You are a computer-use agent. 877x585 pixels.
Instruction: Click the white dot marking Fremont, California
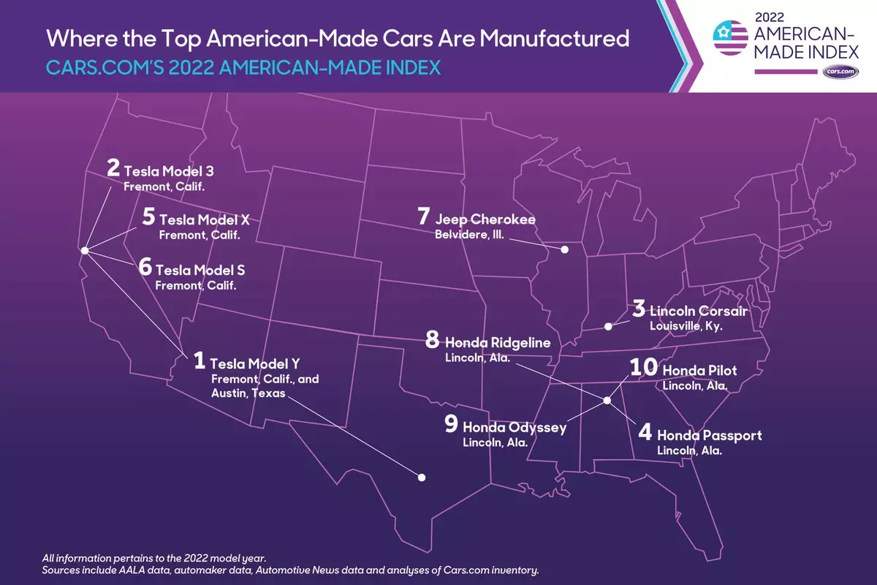click(x=84, y=250)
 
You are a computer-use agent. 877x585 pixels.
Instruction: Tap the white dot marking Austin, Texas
click(x=422, y=477)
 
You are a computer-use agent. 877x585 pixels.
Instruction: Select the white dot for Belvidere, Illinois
click(x=564, y=249)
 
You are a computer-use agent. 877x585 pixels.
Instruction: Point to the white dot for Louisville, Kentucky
click(x=608, y=326)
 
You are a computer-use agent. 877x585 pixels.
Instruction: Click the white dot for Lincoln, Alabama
click(x=607, y=400)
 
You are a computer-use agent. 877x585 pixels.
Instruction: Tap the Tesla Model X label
click(x=204, y=219)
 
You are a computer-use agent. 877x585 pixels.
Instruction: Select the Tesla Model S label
click(x=200, y=270)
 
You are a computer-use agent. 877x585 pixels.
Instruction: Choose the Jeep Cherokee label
click(x=485, y=219)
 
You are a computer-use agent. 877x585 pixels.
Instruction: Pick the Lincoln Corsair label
click(x=698, y=312)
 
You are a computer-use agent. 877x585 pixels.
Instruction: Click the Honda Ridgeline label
click(x=497, y=342)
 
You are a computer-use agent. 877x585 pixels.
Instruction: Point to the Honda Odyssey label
click(x=515, y=427)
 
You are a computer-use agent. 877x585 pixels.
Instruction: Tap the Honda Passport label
click(x=709, y=435)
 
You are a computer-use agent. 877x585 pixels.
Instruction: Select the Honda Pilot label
click(x=699, y=371)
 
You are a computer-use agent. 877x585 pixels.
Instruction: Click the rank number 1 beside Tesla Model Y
click(x=199, y=361)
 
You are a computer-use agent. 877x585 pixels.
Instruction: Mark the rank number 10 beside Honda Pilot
click(x=644, y=367)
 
